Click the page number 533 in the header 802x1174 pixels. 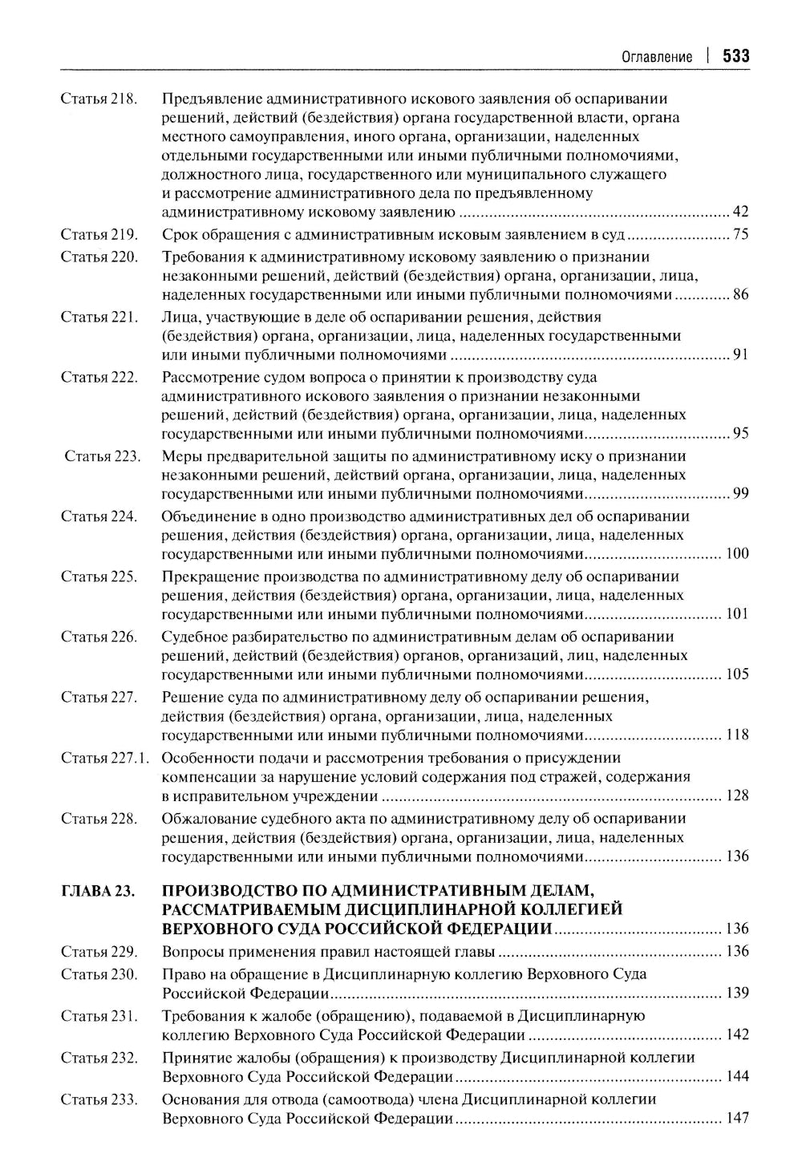click(735, 56)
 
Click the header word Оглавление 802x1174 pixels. click(657, 57)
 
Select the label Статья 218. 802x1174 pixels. click(99, 99)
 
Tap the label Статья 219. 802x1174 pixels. click(99, 235)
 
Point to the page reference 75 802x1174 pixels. click(740, 235)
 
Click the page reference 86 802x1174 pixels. click(740, 295)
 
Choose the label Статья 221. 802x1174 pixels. click(99, 317)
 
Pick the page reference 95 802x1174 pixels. click(740, 434)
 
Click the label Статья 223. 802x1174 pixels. click(102, 456)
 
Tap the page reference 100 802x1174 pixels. click(737, 554)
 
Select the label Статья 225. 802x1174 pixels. click(99, 577)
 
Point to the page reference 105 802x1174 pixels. click(737, 674)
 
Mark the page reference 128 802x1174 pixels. click(737, 795)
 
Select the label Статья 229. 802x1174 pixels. click(99, 952)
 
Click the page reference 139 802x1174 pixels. click(737, 994)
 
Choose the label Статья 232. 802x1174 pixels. click(99, 1058)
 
